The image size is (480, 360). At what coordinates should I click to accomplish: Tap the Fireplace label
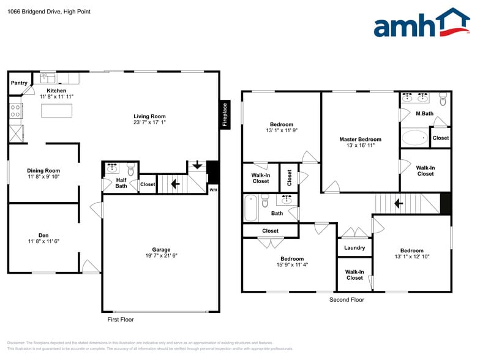tap(225, 115)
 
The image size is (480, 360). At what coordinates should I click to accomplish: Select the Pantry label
tap(19, 83)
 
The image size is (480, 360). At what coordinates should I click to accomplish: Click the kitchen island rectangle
tap(56, 110)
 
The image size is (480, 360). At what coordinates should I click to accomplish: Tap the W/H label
tap(213, 190)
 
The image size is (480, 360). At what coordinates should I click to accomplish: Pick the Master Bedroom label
tap(360, 139)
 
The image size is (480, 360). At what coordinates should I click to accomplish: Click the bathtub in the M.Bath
tap(414, 137)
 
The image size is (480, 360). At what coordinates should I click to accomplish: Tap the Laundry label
tap(354, 248)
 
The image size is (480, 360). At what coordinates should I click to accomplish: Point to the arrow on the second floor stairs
tap(398, 203)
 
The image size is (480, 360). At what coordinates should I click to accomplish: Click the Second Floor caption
tap(347, 299)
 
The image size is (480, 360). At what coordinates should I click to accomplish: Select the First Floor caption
tap(120, 320)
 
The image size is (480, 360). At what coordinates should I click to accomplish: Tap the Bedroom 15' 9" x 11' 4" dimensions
tap(291, 266)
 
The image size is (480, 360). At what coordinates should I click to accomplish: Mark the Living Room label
tap(149, 116)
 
